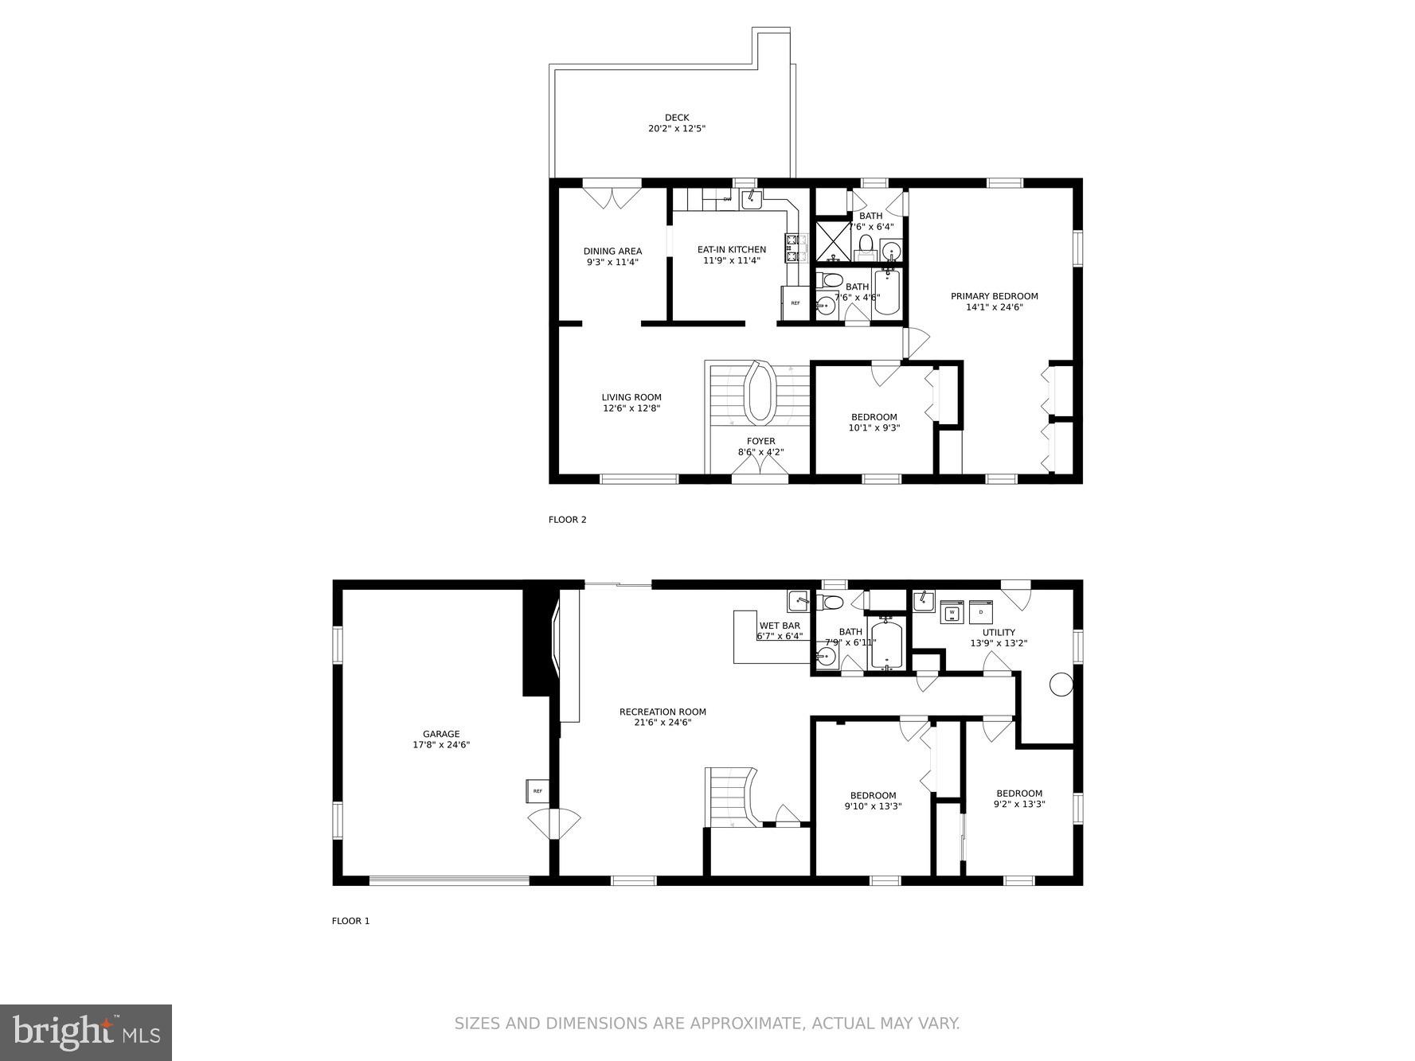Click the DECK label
[676, 118]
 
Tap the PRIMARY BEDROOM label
[994, 296]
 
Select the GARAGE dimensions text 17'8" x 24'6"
[441, 745]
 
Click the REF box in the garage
[537, 790]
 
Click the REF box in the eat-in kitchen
[795, 303]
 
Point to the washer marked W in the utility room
[952, 612]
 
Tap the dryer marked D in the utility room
[981, 612]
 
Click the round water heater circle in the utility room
[1061, 685]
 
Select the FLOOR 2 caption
[567, 520]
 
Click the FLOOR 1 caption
[350, 921]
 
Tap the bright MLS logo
[86, 1032]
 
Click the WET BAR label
[780, 626]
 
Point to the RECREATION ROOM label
[663, 712]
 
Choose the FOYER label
[760, 441]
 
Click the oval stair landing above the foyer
[759, 393]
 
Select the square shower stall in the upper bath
[833, 241]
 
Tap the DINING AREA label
[612, 252]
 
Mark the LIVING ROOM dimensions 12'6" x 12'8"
[631, 408]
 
